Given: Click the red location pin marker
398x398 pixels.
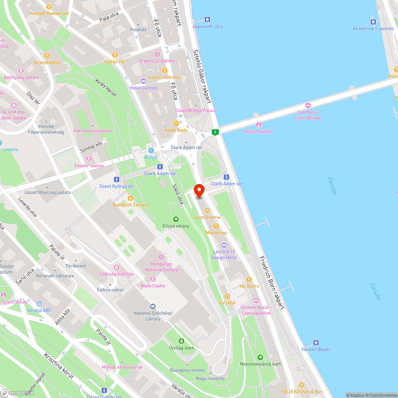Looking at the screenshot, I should [x=199, y=191].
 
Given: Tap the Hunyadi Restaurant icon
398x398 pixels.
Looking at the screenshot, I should [x=49, y=7].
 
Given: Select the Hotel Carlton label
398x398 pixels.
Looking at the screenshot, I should [x=143, y=88].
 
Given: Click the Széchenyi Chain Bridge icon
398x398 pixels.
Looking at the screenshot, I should [x=308, y=105].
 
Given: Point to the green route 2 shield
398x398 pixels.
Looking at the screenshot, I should [x=215, y=132].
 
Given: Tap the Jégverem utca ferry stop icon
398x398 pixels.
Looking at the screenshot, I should [x=207, y=20].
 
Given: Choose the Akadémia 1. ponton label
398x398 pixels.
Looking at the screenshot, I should [x=373, y=28].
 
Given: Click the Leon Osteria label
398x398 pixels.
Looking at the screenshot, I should [x=207, y=217].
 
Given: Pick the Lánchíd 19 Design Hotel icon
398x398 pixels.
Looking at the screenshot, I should [x=224, y=245].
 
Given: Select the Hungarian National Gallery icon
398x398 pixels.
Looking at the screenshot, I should [x=161, y=257].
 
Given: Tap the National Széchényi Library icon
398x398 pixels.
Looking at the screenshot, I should [x=153, y=306].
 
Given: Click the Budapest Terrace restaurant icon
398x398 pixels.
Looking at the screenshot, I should [x=130, y=198].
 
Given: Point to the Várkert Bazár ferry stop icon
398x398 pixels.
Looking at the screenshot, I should [x=316, y=343].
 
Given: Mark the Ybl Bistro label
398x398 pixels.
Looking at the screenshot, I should [x=249, y=286].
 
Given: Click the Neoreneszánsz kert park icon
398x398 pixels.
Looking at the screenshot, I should [x=260, y=357].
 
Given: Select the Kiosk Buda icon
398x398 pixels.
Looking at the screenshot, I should [x=176, y=123].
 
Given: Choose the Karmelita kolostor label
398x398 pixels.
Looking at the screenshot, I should [x=93, y=131].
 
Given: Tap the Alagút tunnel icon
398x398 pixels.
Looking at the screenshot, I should [x=151, y=150].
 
